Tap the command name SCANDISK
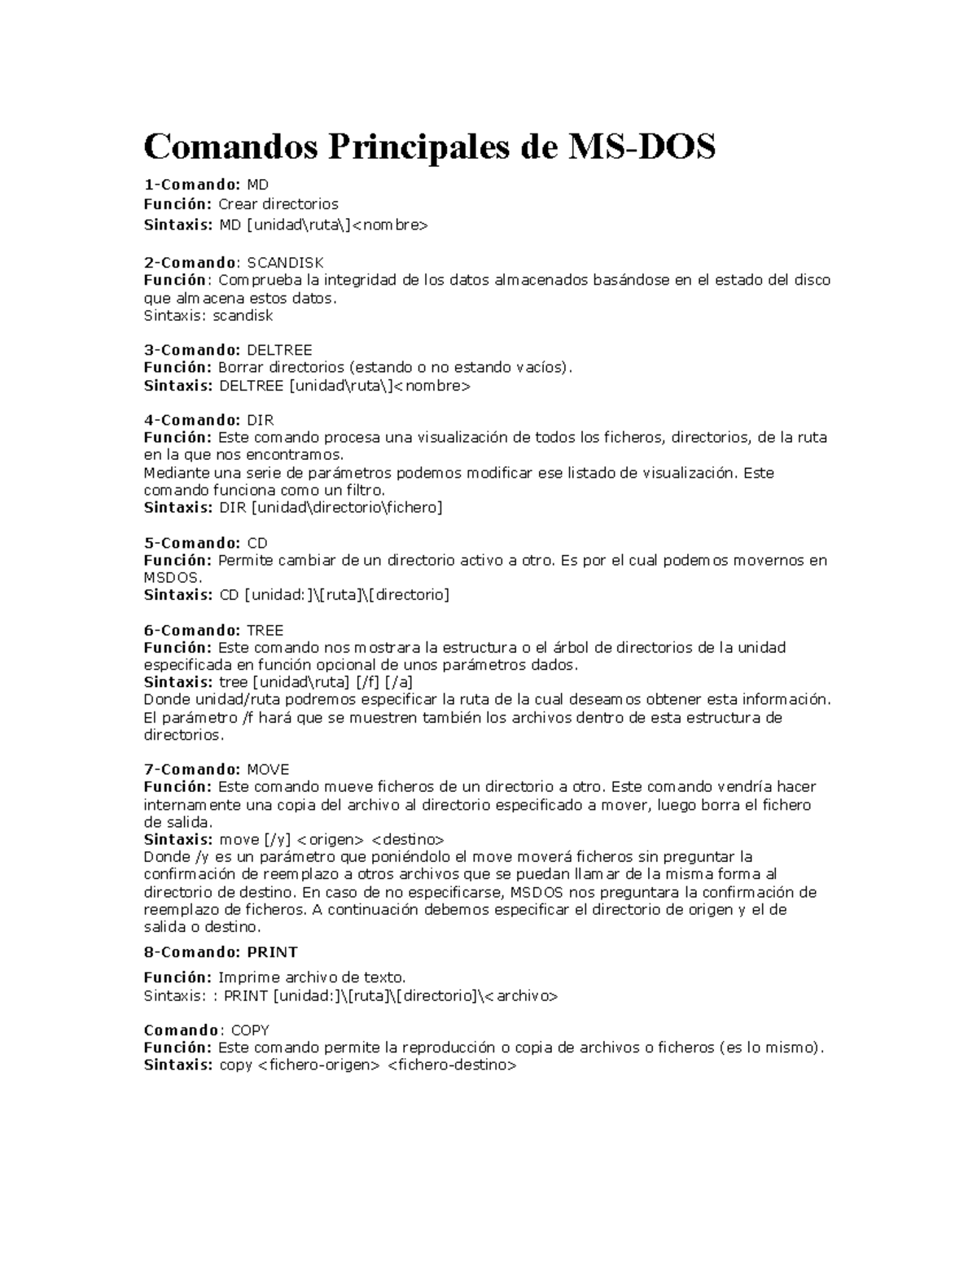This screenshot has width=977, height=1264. (x=285, y=263)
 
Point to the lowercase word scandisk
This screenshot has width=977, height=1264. (x=243, y=316)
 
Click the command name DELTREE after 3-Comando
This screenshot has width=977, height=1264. (x=279, y=350)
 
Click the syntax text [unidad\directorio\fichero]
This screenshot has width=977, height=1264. (x=348, y=508)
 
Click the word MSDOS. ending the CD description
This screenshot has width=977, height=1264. (x=173, y=578)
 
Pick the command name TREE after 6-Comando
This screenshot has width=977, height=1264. (x=265, y=630)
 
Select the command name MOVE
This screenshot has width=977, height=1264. (x=268, y=769)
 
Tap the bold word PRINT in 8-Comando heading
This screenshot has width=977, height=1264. (x=273, y=952)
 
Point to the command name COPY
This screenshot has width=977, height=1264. (x=250, y=1030)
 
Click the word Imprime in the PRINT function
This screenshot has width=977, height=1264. (x=249, y=978)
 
